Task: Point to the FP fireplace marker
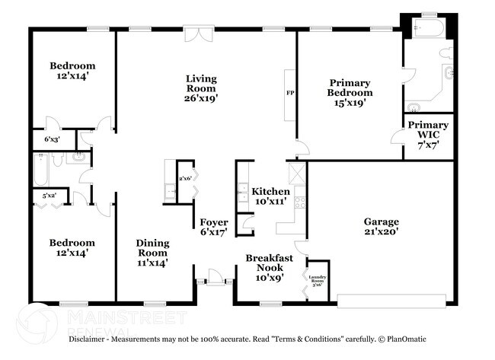tap(289, 93)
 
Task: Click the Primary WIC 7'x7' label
tap(428, 130)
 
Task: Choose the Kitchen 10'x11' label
tap(270, 196)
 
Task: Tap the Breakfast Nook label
tap(269, 264)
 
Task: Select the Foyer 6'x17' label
tap(214, 228)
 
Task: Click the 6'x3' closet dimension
tap(52, 140)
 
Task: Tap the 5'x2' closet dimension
tap(49, 197)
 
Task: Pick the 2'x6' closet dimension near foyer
tap(185, 178)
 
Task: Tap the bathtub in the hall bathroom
tap(40, 170)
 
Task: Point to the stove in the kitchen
tap(300, 202)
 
